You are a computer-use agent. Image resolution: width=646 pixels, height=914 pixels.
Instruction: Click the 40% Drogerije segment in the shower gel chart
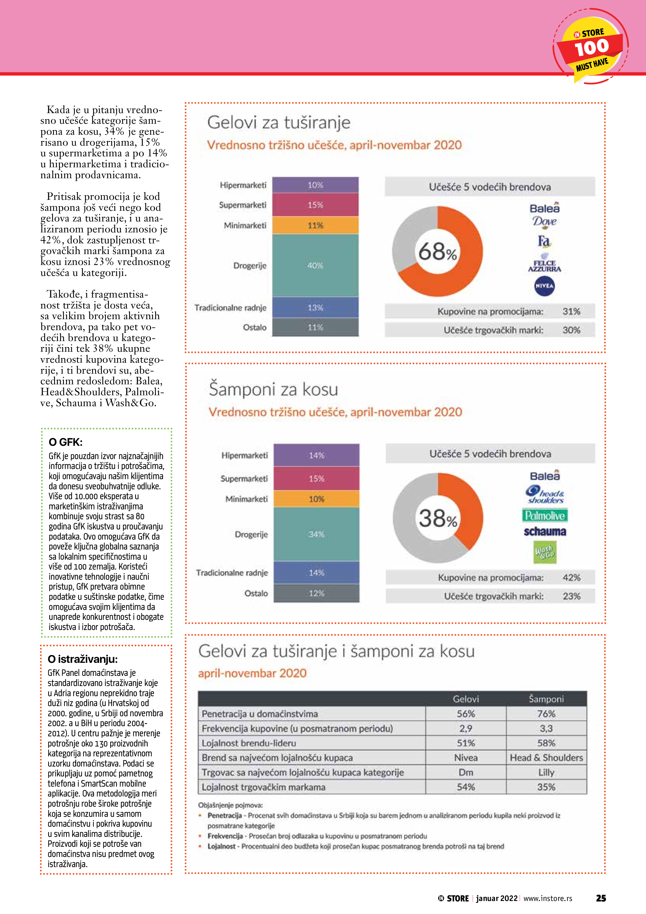click(315, 265)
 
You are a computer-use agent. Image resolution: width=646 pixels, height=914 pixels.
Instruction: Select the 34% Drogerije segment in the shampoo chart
click(316, 534)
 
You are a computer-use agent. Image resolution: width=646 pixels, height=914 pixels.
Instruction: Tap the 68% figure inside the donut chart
click(437, 252)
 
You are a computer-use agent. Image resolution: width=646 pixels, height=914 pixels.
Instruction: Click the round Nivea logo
click(544, 286)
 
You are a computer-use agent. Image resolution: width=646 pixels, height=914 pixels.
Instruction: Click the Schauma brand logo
click(544, 532)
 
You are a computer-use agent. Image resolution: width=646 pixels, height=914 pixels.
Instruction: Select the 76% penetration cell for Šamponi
click(546, 714)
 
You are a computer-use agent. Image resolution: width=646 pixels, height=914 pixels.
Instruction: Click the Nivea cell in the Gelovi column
click(466, 758)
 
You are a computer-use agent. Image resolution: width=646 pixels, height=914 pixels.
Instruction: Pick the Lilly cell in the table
click(546, 772)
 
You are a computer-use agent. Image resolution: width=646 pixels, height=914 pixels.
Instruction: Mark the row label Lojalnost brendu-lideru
click(249, 743)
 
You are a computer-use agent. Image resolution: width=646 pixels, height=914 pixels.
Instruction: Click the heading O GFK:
click(66, 442)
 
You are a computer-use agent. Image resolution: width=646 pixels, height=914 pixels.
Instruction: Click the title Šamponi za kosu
click(274, 389)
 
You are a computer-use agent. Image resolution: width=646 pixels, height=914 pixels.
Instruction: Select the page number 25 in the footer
click(601, 898)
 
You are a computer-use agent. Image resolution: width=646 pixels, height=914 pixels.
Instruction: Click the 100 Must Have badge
click(591, 47)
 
